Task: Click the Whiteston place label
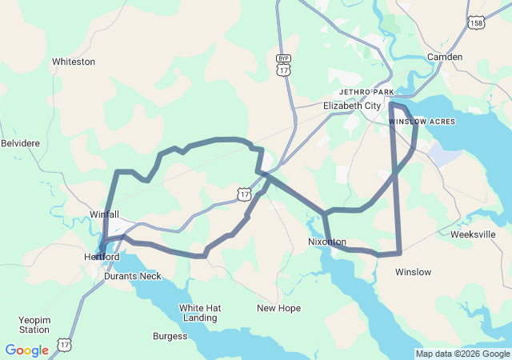click(74, 62)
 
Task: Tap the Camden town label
click(446, 57)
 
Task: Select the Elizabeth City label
click(352, 106)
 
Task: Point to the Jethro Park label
click(366, 92)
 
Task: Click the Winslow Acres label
click(422, 122)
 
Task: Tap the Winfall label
click(104, 214)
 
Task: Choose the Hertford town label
click(102, 257)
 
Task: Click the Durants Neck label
click(132, 276)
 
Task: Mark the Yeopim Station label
click(34, 324)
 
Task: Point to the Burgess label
click(170, 336)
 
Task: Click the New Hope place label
click(278, 308)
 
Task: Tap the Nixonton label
click(327, 242)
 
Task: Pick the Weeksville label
click(474, 234)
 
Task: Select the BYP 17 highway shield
click(283, 65)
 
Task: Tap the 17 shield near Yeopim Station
click(64, 346)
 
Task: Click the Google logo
click(26, 350)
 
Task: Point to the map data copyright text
click(462, 354)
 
